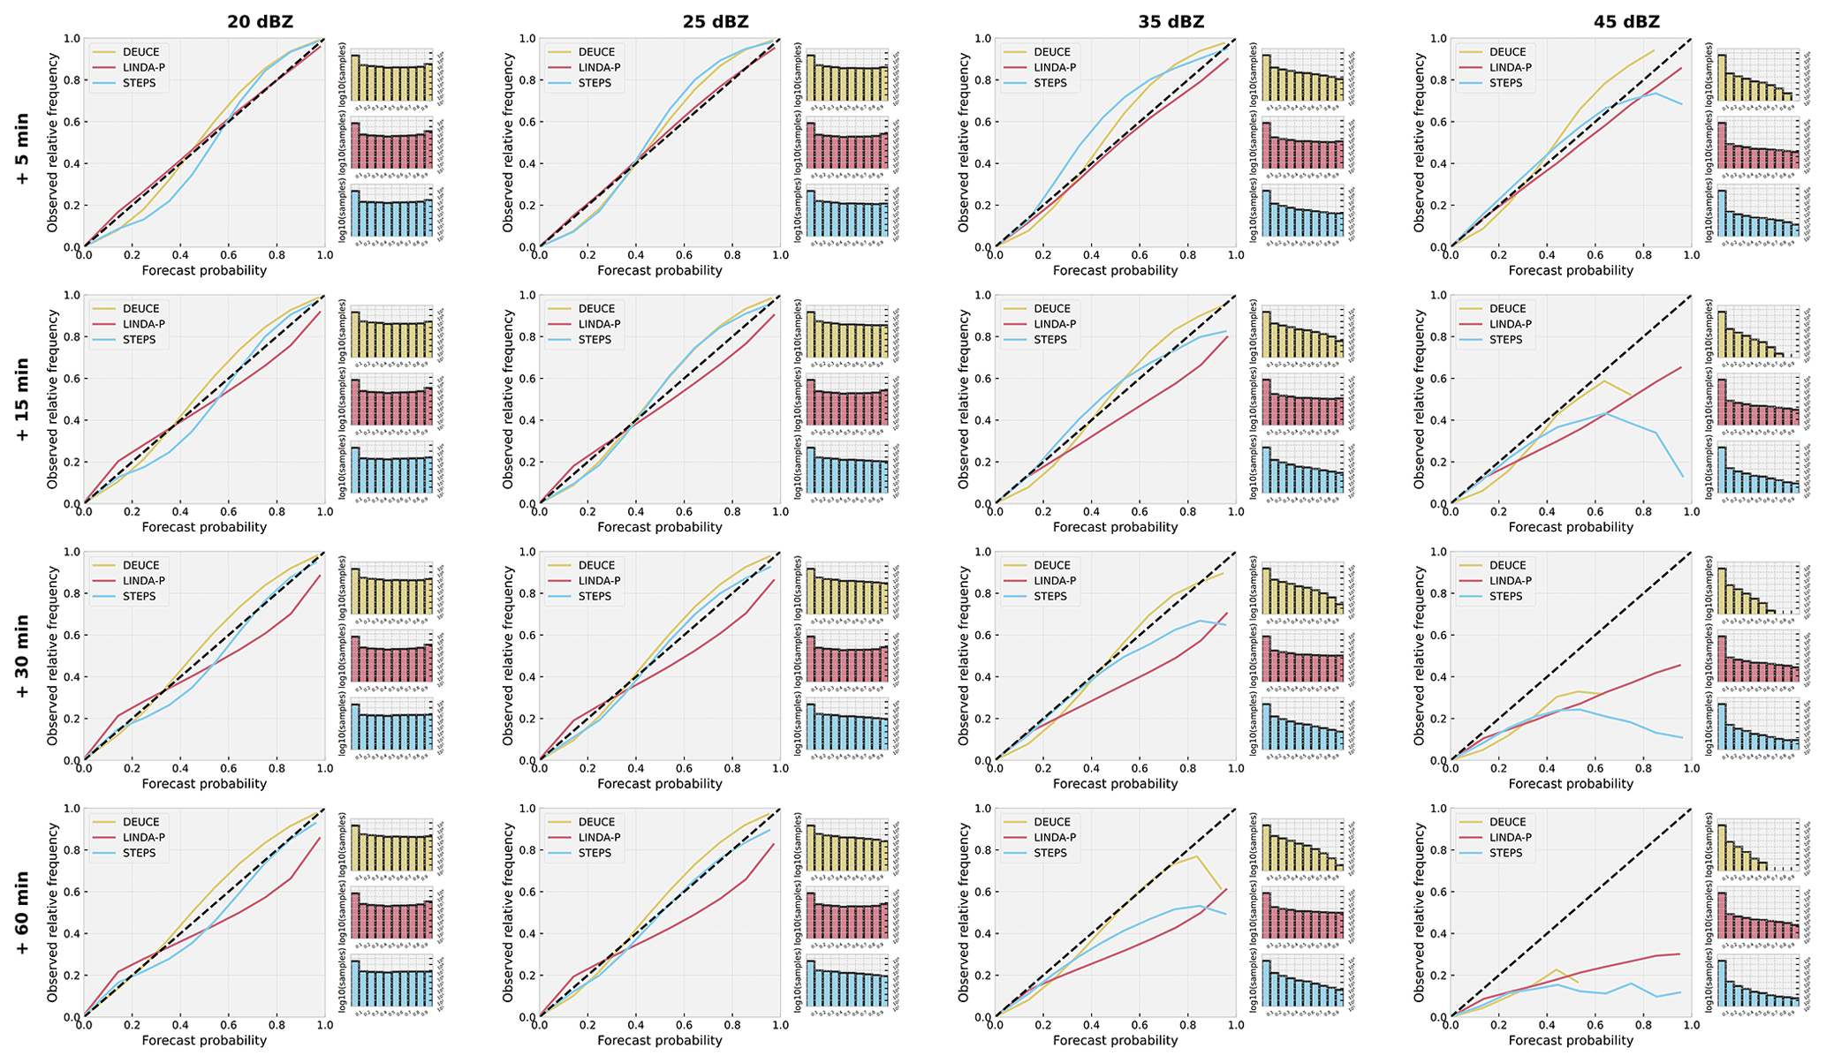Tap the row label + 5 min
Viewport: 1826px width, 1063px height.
[22, 147]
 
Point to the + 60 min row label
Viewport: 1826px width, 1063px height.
[22, 917]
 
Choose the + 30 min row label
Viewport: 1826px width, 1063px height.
[22, 660]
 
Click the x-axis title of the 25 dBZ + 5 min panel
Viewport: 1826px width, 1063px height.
[659, 271]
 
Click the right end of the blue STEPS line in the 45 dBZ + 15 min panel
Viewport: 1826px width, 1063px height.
[1681, 477]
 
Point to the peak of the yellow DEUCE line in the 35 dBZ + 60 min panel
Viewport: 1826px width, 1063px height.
[1196, 856]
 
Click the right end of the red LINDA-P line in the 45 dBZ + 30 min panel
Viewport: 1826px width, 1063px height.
[1680, 665]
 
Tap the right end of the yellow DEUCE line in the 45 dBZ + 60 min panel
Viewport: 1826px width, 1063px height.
[1579, 982]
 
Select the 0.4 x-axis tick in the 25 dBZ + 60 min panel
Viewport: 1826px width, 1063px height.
[635, 1027]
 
